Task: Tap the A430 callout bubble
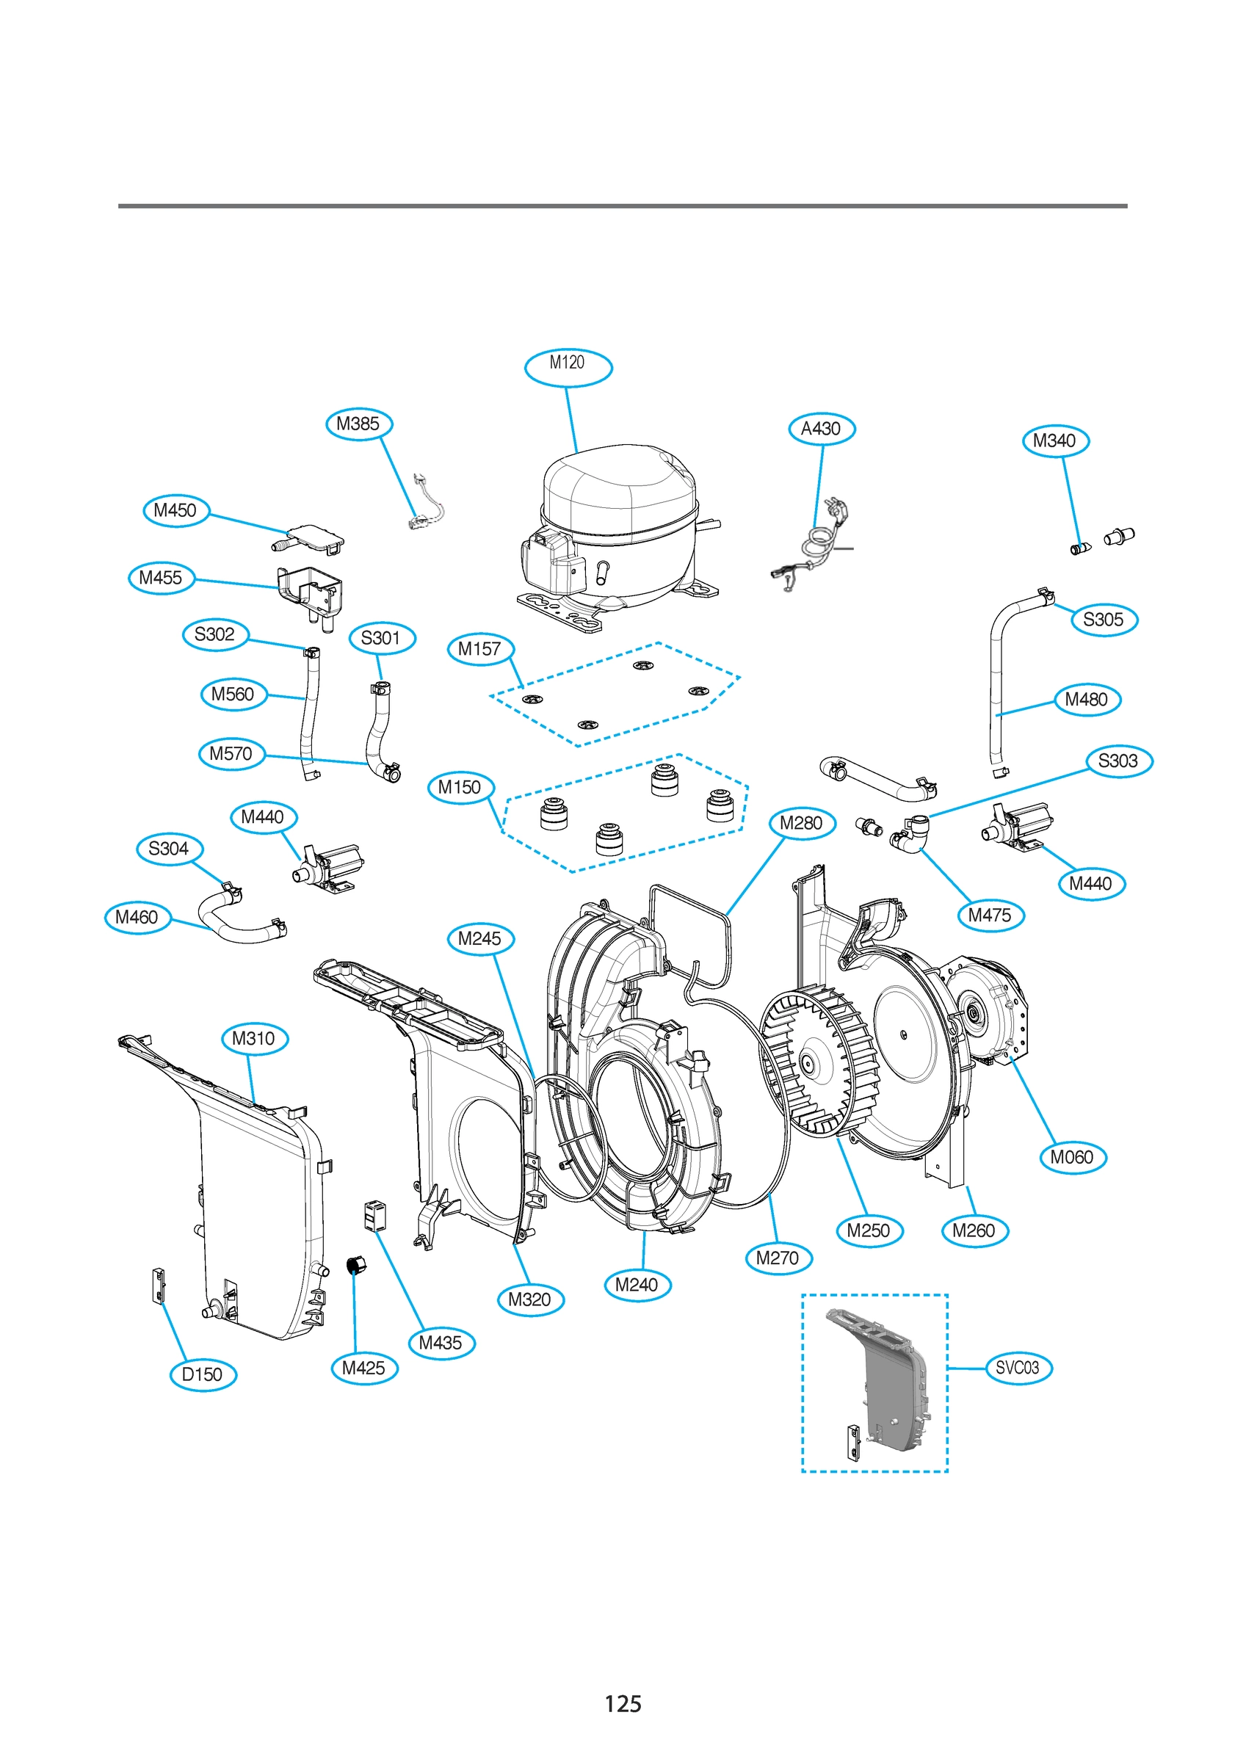coord(822,428)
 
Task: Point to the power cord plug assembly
coord(814,545)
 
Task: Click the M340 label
coord(1056,440)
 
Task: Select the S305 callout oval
coord(1104,620)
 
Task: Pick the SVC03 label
coord(1017,1367)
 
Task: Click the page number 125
coord(623,1703)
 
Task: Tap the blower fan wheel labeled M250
coord(819,1063)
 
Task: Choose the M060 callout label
coord(1073,1156)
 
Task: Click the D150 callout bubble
coord(203,1374)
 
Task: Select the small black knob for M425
coord(356,1264)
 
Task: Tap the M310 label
coord(254,1038)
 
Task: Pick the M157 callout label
coord(479,648)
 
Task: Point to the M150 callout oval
coord(460,786)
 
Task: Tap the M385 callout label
coord(358,424)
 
